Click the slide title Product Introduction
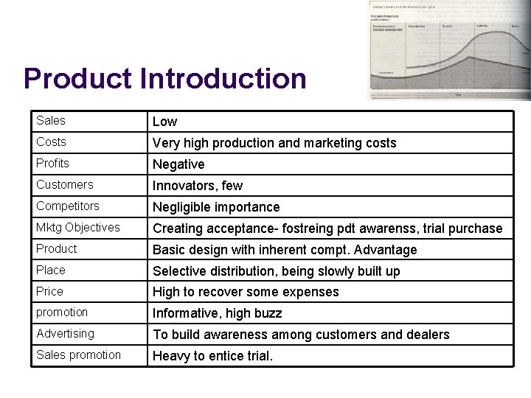click(x=164, y=78)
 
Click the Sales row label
click(x=50, y=120)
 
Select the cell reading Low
click(x=164, y=122)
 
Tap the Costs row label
click(x=51, y=142)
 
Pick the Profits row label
click(x=52, y=163)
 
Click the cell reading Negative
click(x=178, y=164)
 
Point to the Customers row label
click(x=65, y=184)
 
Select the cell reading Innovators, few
click(x=197, y=186)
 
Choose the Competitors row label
click(x=68, y=206)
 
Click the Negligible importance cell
click(x=216, y=207)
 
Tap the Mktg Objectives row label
click(x=77, y=227)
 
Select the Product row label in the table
click(x=56, y=248)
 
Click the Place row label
click(x=50, y=270)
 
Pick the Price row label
click(x=49, y=291)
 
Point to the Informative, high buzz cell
click(x=217, y=313)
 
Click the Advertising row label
click(x=65, y=333)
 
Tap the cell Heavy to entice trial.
click(x=212, y=356)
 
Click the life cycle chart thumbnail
click(x=449, y=50)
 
